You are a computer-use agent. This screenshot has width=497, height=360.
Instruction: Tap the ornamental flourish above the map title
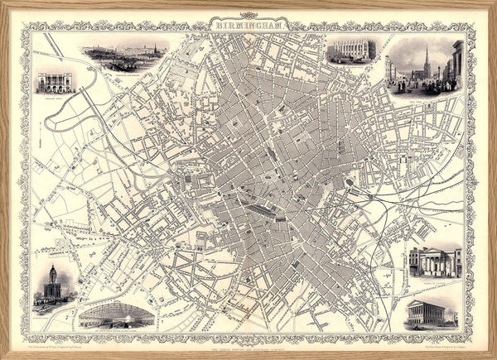248,15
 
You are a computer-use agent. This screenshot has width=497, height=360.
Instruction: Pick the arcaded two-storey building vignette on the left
55,81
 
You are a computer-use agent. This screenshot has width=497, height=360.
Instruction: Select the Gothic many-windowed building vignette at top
351,50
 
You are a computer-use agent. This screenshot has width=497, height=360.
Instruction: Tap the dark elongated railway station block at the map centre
263,211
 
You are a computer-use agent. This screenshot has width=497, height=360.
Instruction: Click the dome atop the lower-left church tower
52,271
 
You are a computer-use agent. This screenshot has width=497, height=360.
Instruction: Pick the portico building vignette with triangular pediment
434,262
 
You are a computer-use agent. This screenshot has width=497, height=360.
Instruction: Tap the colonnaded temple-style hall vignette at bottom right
432,313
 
